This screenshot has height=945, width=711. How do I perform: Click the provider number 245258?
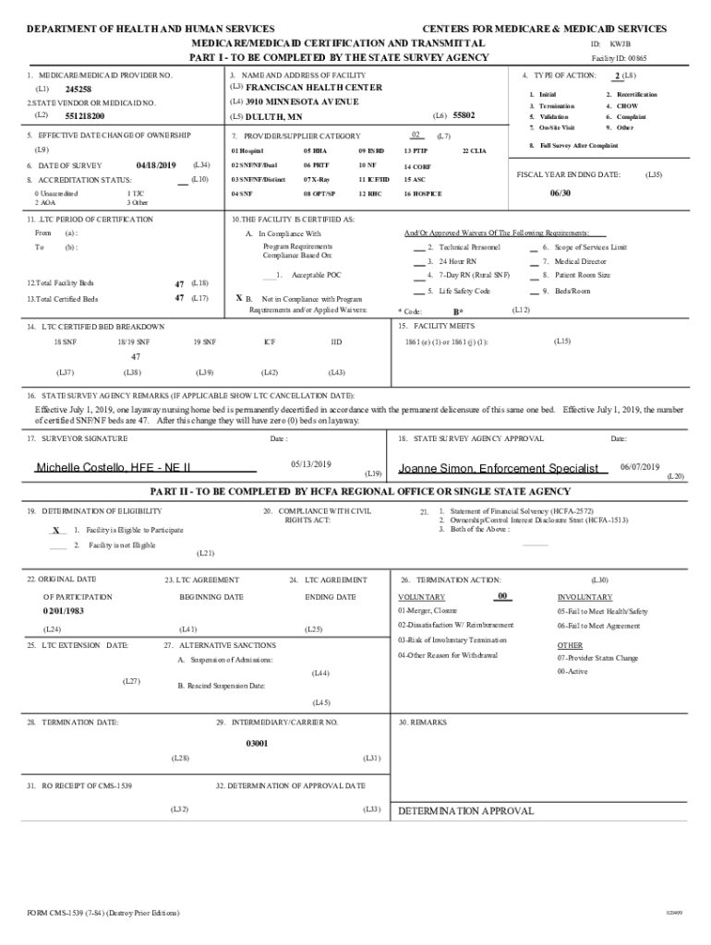(78, 89)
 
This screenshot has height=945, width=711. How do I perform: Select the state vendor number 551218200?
(85, 117)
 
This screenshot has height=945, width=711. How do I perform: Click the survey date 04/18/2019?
(155, 164)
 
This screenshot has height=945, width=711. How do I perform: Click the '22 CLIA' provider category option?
(474, 150)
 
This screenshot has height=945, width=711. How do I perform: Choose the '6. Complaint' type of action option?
(632, 117)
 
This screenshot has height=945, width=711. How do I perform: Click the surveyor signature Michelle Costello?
(113, 468)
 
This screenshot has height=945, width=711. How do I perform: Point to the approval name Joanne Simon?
(498, 468)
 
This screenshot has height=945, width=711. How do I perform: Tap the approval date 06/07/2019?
(639, 466)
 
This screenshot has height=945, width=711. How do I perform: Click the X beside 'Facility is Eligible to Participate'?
(56, 531)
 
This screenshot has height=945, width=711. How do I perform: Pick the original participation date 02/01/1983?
(63, 611)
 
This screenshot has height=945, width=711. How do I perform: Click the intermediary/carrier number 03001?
(257, 742)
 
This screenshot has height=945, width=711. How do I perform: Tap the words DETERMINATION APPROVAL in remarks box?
(465, 811)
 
